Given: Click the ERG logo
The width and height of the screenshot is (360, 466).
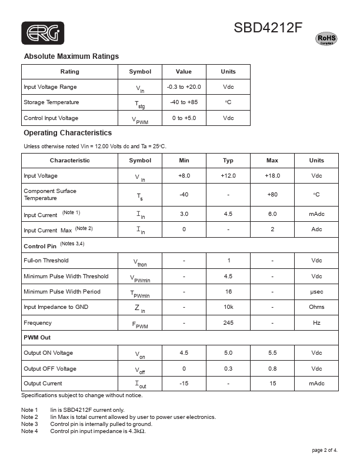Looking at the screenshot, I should [42, 34].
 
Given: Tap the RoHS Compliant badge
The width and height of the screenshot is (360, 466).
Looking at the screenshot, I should [327, 39].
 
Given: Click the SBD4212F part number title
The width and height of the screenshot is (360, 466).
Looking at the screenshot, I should [268, 28].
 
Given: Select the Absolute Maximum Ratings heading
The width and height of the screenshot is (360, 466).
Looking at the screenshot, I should [71, 56].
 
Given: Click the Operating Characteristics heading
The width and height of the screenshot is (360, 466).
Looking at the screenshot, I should [68, 133].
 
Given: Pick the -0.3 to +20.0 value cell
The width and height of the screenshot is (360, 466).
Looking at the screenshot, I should [184, 87].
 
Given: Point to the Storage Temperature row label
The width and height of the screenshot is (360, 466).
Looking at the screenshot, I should [51, 102].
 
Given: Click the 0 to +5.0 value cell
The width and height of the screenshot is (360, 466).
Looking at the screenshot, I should [184, 118].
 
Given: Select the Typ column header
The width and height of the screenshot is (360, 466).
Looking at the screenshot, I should [228, 160].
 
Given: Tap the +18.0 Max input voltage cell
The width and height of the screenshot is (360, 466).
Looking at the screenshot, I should [272, 176].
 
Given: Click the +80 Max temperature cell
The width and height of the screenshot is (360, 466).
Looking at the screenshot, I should [272, 195].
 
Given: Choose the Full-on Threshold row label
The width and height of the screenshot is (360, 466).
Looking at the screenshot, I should [46, 261].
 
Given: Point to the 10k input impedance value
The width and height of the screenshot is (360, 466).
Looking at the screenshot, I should [228, 307].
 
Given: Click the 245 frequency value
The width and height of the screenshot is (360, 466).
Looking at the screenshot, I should [228, 322].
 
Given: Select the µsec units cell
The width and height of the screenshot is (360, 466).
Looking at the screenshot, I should [316, 292].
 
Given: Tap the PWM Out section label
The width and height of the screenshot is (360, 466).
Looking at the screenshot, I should [37, 337].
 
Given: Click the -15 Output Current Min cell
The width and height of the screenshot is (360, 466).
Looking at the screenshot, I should [184, 384].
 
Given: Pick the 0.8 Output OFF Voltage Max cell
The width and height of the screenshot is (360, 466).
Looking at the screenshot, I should [272, 369].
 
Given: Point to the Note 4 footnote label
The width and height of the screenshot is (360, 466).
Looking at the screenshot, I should [29, 431].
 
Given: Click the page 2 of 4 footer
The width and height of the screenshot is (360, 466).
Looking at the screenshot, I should [325, 451].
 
